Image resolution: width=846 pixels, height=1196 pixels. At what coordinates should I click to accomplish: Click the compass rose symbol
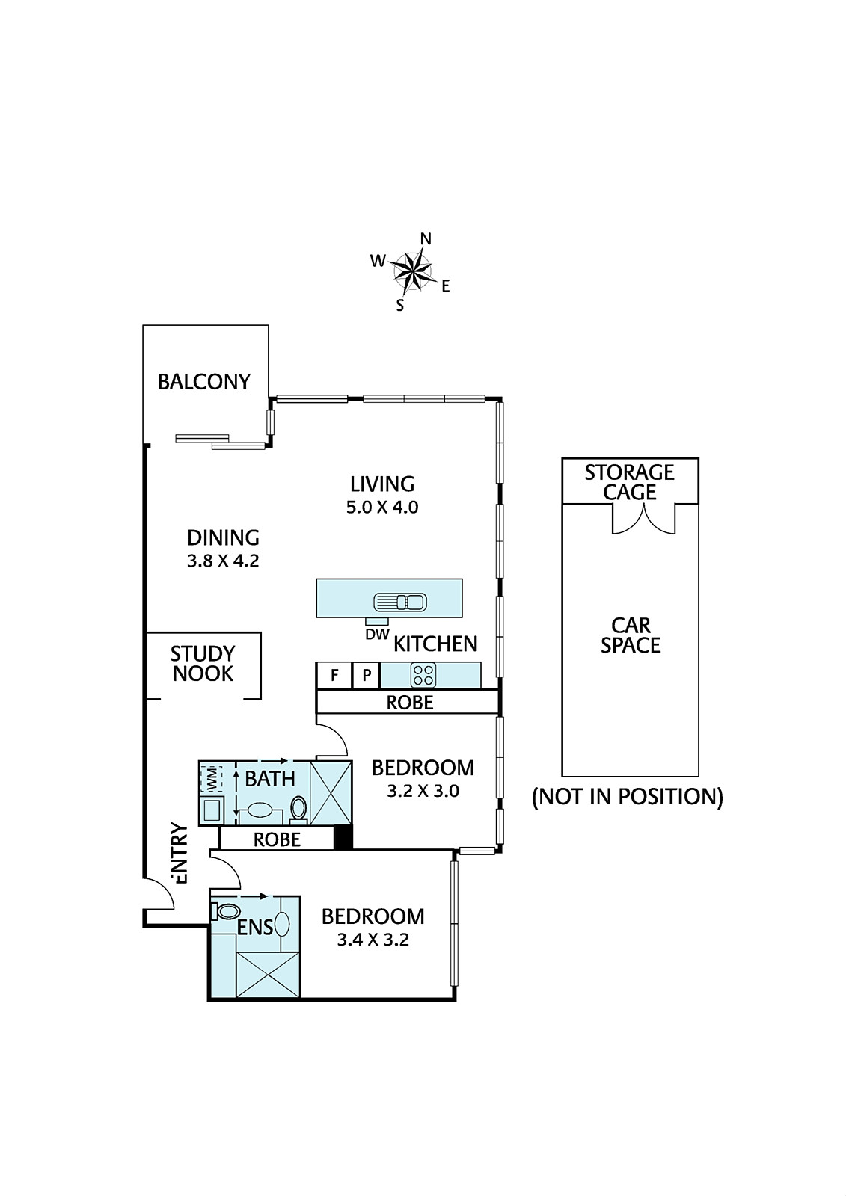[x=413, y=272]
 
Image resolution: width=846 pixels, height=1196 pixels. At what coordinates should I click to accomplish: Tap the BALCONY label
[x=204, y=382]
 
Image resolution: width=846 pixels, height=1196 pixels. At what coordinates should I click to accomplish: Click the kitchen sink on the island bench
[x=399, y=602]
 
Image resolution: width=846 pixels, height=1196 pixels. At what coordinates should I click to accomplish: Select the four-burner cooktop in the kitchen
[x=423, y=675]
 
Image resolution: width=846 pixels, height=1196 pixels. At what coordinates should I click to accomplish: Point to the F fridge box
[x=334, y=676]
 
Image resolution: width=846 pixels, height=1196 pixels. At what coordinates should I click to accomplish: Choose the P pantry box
[x=366, y=676]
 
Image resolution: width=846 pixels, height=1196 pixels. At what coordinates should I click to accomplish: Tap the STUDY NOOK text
[x=203, y=664]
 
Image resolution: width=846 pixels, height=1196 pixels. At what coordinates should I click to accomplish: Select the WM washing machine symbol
[x=210, y=778]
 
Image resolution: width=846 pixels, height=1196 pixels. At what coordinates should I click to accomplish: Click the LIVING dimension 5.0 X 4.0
[x=382, y=507]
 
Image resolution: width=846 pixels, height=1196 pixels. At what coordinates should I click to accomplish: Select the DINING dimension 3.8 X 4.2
[x=223, y=561]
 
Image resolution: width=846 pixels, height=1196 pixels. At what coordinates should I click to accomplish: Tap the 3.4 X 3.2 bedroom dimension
[x=373, y=939]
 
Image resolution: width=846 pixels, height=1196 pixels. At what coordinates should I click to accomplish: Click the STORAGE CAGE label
[x=630, y=482]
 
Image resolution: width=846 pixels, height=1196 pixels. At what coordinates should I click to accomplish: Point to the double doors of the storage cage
[x=643, y=519]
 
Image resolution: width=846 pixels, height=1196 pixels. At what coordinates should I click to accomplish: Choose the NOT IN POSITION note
[x=628, y=797]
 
